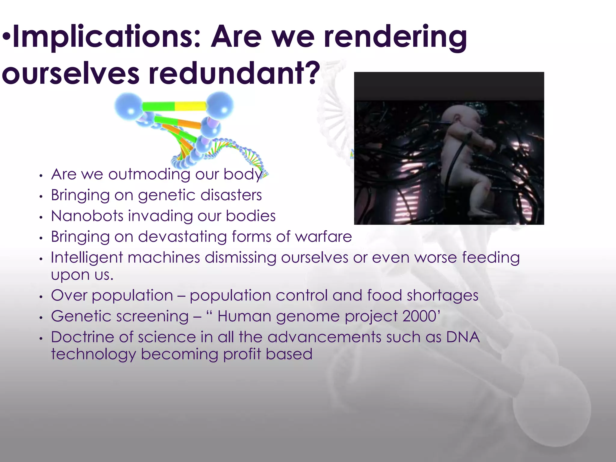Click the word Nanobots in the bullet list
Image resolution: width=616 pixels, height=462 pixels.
[x=87, y=216]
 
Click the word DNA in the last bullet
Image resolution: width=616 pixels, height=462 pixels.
[x=463, y=337]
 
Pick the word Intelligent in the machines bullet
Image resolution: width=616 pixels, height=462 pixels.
[x=87, y=258]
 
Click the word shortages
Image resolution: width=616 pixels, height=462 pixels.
[x=442, y=295]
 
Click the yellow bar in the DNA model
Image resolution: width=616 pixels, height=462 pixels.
[x=190, y=106]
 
